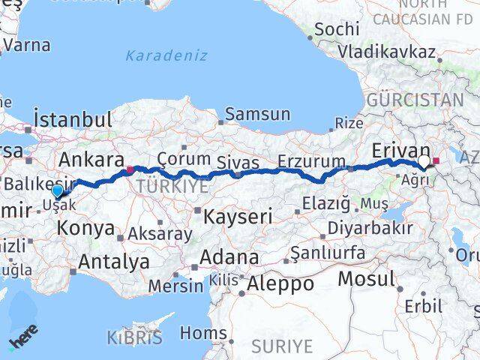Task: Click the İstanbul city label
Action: (x=73, y=118)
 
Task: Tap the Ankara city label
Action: (x=91, y=159)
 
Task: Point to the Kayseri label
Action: (x=239, y=217)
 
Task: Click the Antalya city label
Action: (x=113, y=262)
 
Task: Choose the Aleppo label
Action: (x=280, y=284)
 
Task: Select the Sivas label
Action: (x=238, y=163)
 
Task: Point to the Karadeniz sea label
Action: (x=156, y=55)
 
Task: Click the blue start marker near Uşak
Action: (x=57, y=191)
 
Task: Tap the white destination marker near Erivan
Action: (x=424, y=161)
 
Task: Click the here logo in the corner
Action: (x=22, y=341)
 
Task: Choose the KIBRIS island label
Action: (x=134, y=337)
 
